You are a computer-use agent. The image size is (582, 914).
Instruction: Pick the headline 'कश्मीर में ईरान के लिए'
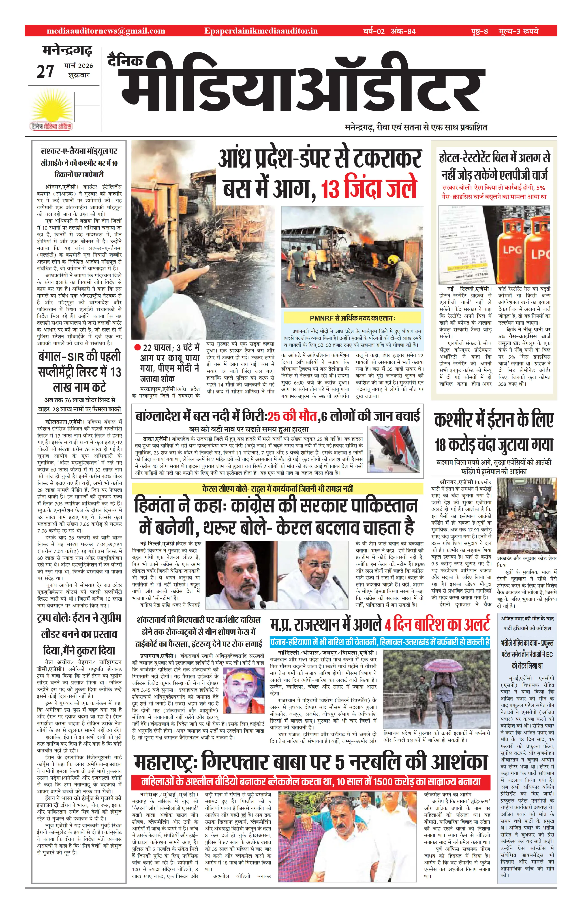point(494,420)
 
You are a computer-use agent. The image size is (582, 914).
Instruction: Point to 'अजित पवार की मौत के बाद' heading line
point(527,618)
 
